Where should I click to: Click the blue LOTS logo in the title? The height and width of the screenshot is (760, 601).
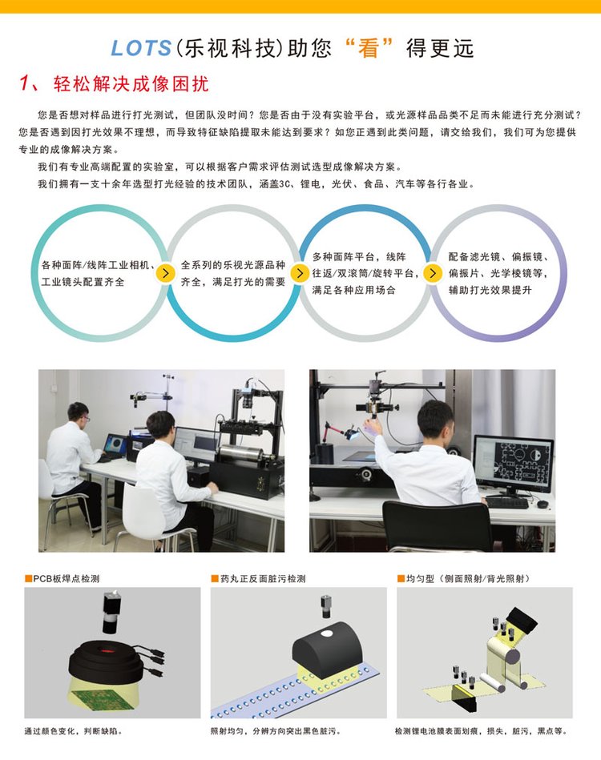click(141, 48)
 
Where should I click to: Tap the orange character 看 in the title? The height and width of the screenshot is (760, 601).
click(368, 49)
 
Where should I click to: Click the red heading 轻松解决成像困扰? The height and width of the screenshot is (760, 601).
click(131, 84)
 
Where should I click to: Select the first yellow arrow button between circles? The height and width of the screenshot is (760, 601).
click(165, 273)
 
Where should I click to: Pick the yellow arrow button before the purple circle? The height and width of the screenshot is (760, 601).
click(433, 273)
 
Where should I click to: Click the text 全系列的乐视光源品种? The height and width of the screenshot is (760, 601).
click(233, 265)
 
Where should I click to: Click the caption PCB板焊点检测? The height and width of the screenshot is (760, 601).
click(66, 578)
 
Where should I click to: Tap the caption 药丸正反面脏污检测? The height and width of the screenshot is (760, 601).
click(263, 578)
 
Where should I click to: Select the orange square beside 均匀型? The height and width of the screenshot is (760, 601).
click(401, 578)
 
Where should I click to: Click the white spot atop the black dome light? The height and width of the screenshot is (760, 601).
click(327, 633)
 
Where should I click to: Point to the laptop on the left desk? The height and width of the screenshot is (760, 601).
click(115, 446)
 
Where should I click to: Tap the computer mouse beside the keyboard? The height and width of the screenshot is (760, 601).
click(543, 505)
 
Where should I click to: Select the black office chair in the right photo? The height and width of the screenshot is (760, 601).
click(438, 526)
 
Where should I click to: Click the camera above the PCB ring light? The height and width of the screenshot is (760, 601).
click(111, 611)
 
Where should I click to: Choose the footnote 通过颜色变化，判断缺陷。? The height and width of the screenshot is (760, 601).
click(73, 731)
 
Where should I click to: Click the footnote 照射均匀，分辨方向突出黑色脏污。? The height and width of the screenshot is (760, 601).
click(276, 731)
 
